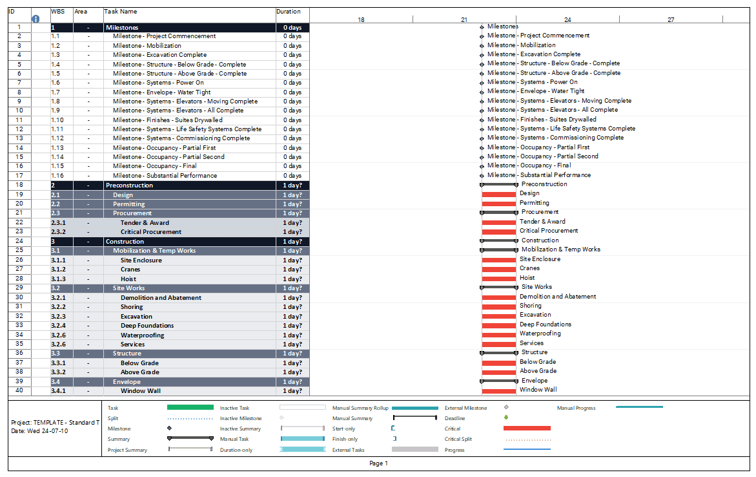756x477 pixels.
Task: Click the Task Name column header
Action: click(x=121, y=12)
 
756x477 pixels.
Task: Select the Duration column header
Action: click(x=289, y=12)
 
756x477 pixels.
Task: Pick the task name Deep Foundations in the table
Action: click(x=147, y=326)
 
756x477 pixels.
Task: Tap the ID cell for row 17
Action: click(x=19, y=176)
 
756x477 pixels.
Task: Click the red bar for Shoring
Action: click(x=499, y=306)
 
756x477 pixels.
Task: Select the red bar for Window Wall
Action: click(x=499, y=390)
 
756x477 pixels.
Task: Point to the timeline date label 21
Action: click(x=464, y=20)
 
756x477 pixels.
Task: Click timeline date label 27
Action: click(x=671, y=20)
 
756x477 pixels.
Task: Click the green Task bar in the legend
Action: click(x=190, y=408)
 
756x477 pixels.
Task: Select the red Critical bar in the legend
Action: click(x=527, y=429)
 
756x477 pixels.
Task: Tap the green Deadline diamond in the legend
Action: click(x=506, y=418)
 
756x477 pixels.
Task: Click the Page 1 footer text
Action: click(x=378, y=463)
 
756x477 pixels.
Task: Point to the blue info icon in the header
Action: click(x=36, y=19)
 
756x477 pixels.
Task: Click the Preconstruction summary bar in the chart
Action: click(x=499, y=185)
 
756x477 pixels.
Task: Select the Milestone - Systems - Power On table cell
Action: click(x=158, y=83)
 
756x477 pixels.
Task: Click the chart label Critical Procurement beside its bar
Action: click(x=549, y=231)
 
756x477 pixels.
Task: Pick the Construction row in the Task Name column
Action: click(x=125, y=242)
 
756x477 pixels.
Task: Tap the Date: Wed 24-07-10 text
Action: click(x=39, y=431)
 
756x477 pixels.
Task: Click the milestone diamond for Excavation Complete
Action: click(x=482, y=55)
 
